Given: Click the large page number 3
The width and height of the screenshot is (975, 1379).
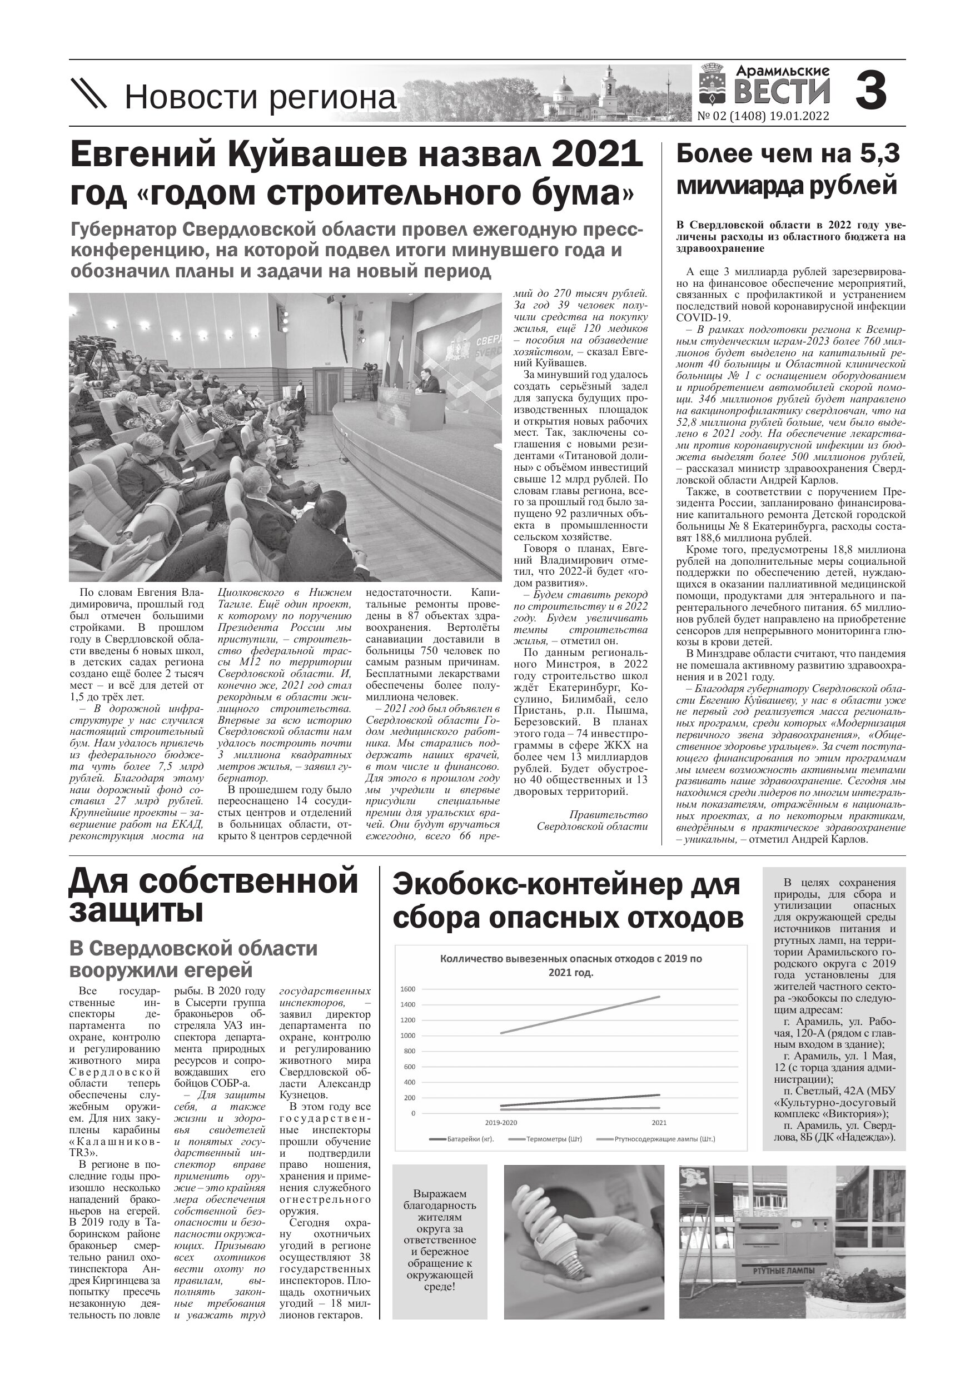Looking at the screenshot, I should coord(871,91).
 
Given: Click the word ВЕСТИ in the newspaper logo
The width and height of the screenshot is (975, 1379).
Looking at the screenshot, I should coord(782,92).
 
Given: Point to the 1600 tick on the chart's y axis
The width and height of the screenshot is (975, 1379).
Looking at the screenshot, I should coord(408,989).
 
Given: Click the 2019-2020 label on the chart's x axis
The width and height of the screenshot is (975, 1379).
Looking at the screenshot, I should coord(501,1123).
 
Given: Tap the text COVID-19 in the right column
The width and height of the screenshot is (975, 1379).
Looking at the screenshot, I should coord(703,318).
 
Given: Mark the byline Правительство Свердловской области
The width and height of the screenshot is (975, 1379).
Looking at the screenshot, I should coord(593,820).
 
